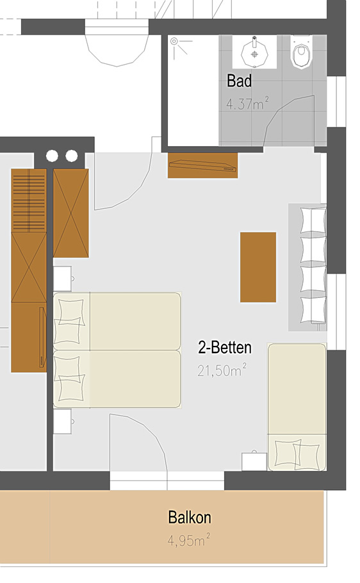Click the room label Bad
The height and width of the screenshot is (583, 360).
[x=239, y=81]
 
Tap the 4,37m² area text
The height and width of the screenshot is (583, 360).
[x=247, y=103]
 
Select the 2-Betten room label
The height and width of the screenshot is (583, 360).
[x=225, y=348]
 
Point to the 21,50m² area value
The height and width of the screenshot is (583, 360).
[x=222, y=370]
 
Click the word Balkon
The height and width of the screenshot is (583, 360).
[x=190, y=517]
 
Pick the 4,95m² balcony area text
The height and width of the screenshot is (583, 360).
[x=188, y=540]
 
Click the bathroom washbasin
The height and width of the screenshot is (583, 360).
[x=254, y=53]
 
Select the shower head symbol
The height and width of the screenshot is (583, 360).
[x=174, y=42]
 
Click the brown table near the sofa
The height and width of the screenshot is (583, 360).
[x=258, y=267]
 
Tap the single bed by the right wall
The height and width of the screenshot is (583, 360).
[x=297, y=407]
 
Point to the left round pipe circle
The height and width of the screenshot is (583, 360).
[x=52, y=156]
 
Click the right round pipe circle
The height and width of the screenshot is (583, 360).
[x=71, y=156]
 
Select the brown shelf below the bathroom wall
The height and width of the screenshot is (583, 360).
[x=202, y=165]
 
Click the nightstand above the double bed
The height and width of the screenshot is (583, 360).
[x=63, y=279]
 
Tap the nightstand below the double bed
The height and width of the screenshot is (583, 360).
[x=63, y=422]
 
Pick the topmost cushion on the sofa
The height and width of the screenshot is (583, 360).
[x=313, y=220]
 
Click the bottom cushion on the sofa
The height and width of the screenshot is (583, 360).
[x=313, y=309]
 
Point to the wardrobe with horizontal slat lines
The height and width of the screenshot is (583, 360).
[x=29, y=201]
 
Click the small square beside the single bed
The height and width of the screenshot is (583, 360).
[x=254, y=462]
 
